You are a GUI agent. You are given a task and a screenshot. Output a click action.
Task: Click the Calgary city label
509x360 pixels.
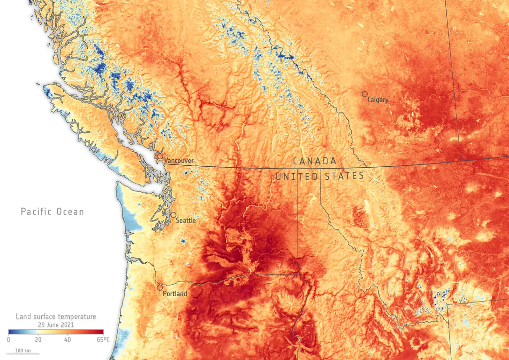click(x=378, y=100)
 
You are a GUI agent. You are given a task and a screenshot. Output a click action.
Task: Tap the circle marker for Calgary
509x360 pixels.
click(x=365, y=94)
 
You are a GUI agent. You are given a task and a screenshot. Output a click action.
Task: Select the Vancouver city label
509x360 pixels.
click(x=179, y=161)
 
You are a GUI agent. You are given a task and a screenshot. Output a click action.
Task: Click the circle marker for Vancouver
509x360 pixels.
click(x=160, y=156)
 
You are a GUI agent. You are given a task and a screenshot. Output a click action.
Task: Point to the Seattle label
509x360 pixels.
click(x=186, y=220)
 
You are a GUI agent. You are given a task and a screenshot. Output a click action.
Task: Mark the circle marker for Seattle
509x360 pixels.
click(x=173, y=215)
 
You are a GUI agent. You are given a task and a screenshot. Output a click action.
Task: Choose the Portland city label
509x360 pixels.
click(x=175, y=294)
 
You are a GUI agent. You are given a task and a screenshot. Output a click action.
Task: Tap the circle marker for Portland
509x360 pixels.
click(x=160, y=287)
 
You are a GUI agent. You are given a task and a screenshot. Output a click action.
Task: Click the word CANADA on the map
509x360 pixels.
click(x=314, y=161)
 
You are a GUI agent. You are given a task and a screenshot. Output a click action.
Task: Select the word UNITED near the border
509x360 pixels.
click(x=296, y=177)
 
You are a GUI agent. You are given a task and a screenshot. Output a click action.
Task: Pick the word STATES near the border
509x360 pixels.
click(x=344, y=176)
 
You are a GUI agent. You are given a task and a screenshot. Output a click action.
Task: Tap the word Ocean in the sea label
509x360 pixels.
click(x=70, y=211)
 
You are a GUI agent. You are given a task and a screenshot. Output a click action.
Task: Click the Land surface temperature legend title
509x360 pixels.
click(x=56, y=316)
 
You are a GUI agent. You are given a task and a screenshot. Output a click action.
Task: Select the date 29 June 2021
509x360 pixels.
click(x=56, y=325)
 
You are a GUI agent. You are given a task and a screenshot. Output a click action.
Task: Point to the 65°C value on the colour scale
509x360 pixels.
click(x=103, y=340)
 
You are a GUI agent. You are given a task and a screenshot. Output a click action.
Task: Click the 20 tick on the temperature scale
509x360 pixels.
click(x=38, y=340)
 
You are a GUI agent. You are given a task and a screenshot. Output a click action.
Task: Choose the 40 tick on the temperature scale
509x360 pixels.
click(x=67, y=340)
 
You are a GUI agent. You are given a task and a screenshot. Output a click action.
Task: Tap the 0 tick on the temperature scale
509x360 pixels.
click(x=9, y=340)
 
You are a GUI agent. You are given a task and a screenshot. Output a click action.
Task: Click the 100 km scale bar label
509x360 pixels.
click(x=23, y=350)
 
